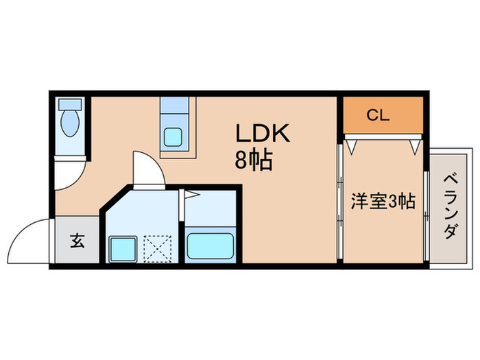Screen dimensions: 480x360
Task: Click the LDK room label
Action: coord(263,133)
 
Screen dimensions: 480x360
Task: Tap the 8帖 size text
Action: coord(254,160)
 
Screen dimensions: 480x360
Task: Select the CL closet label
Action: coord(378,115)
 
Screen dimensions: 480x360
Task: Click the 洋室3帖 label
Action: coord(383,201)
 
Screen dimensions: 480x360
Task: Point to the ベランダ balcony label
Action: coord(451,206)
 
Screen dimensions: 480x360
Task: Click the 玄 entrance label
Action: coord(77,241)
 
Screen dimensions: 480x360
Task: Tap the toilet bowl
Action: coord(70,123)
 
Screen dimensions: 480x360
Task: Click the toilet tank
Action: coord(70,104)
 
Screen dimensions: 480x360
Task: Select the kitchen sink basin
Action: coord(173,137)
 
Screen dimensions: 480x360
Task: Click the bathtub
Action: coord(211,245)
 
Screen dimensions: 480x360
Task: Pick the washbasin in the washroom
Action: coord(123,248)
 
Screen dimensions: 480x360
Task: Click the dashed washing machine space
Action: coord(157,248)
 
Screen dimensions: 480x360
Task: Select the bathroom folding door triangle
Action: coord(191,194)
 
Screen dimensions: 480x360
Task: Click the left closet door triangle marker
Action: coord(351,146)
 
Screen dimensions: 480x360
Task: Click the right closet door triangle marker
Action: coord(414,147)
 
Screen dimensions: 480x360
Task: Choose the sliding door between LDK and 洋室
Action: coord(339,202)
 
